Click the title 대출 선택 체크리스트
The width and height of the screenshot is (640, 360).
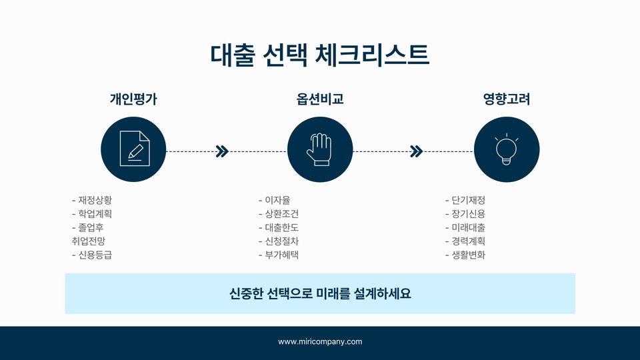click(320, 55)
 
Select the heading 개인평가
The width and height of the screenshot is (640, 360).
click(133, 100)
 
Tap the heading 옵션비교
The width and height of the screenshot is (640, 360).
click(320, 100)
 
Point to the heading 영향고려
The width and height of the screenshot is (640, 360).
click(507, 100)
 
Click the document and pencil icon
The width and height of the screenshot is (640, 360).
click(133, 149)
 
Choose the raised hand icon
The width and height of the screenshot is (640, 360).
click(320, 149)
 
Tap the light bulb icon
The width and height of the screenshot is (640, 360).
click(507, 149)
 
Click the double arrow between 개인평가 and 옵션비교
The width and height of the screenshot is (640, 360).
click(223, 151)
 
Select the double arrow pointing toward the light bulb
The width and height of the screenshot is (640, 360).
click(416, 151)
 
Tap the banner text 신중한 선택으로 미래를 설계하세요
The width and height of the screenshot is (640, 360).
click(320, 293)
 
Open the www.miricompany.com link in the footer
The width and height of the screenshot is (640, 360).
click(320, 342)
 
